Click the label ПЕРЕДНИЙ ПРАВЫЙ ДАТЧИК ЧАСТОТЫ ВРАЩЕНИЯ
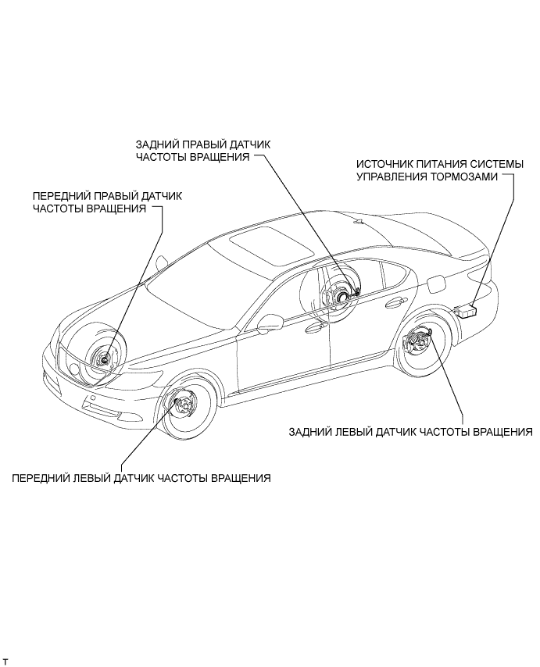(x=106, y=202)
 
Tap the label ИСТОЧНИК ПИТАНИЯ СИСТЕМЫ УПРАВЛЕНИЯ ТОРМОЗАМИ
(x=435, y=172)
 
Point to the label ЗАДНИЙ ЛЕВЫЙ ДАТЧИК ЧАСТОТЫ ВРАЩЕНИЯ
(x=409, y=431)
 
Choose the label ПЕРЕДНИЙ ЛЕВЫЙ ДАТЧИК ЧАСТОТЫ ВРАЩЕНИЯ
(x=141, y=478)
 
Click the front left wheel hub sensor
(x=185, y=404)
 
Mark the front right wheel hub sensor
(x=101, y=359)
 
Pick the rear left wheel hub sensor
(x=413, y=341)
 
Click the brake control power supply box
(x=470, y=310)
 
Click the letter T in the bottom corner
(x=6, y=661)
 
